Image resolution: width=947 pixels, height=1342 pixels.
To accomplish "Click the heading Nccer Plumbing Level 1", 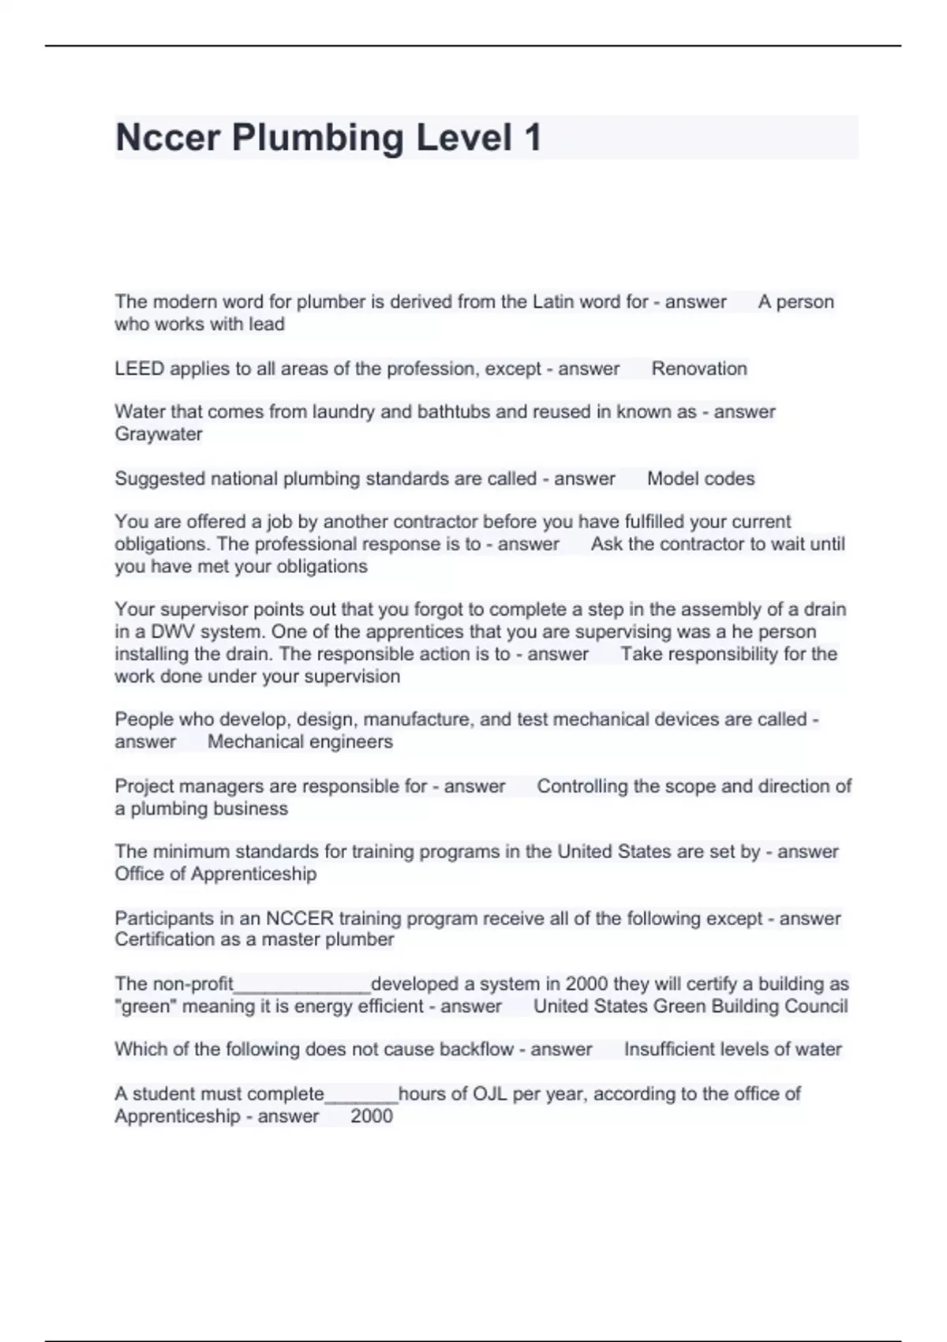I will (328, 137).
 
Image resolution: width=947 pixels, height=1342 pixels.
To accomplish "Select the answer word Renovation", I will (699, 369).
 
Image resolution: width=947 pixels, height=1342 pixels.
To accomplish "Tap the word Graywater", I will (159, 434).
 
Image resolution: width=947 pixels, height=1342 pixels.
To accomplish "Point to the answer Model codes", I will (701, 478).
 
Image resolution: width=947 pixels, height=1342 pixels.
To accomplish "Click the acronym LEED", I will (140, 369).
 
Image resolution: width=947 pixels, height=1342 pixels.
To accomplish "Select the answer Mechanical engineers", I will (300, 741).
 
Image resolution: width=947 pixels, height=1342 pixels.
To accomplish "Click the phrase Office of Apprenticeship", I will (215, 874).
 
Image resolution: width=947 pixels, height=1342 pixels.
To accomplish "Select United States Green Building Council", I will (691, 1006).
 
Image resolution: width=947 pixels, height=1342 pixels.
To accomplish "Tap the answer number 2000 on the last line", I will (372, 1116).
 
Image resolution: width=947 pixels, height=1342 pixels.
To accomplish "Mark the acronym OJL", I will (489, 1094).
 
